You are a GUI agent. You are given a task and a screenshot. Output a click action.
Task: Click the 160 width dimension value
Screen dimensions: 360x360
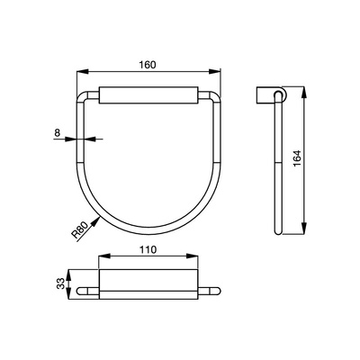[x=148, y=65]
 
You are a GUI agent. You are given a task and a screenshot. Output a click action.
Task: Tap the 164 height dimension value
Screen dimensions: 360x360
[x=297, y=158]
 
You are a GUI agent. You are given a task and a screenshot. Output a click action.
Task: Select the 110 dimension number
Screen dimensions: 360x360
[x=148, y=249]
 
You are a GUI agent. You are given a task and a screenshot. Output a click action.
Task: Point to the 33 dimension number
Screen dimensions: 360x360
[x=61, y=283]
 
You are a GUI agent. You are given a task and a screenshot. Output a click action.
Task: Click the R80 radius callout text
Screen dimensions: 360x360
[x=80, y=229]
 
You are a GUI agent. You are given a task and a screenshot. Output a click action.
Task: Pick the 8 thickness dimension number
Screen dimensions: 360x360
[x=58, y=132]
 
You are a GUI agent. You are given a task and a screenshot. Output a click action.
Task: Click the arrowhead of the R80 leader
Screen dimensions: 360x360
[x=95, y=221]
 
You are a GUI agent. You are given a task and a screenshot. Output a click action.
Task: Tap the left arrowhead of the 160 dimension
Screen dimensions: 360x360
[x=83, y=71]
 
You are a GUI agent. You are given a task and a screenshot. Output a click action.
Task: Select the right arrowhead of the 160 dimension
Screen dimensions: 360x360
[x=214, y=71]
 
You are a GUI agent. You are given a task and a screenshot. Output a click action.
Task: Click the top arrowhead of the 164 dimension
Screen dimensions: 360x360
[x=304, y=92]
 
